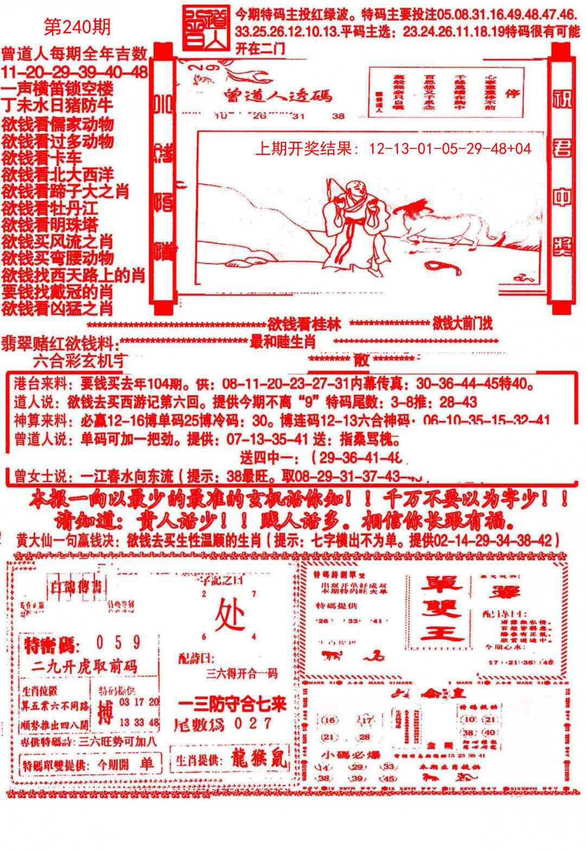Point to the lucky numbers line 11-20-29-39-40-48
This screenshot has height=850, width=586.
pyautogui.click(x=74, y=72)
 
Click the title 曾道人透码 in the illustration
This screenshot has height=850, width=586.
pyautogui.click(x=277, y=96)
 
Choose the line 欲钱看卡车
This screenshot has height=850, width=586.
pyautogui.click(x=42, y=158)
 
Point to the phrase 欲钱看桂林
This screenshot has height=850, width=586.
pyautogui.click(x=304, y=325)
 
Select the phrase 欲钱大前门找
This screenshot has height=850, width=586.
pyautogui.click(x=463, y=324)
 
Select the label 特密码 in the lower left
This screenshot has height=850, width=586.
pyautogui.click(x=52, y=646)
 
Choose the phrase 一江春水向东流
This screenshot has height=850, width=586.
pyautogui.click(x=127, y=476)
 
